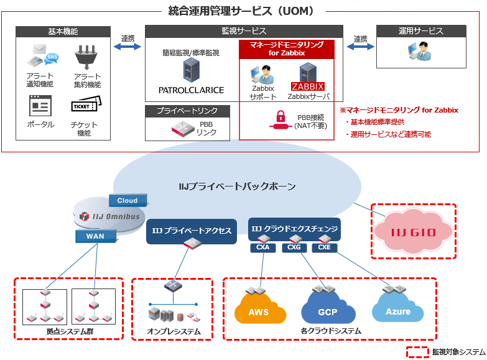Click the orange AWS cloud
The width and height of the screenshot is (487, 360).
tap(259, 310)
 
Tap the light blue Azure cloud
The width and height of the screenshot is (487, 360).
tap(397, 310)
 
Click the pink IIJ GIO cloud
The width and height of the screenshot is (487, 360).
tap(413, 233)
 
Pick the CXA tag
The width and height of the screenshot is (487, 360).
tap(262, 248)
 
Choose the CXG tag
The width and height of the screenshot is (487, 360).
tap(294, 248)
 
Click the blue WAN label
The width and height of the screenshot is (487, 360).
tap(95, 236)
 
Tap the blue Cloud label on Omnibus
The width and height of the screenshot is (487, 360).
tap(127, 200)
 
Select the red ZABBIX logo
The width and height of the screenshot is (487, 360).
tap(308, 86)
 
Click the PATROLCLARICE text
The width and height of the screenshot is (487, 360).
tap(191, 90)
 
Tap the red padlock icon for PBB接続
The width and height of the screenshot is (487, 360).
tap(281, 118)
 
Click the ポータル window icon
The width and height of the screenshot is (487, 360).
tap(40, 106)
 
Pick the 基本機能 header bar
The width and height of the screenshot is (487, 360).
tap(63, 31)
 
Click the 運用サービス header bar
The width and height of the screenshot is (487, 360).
tap(421, 31)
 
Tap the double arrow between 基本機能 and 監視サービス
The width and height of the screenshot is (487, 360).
tap(128, 47)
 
